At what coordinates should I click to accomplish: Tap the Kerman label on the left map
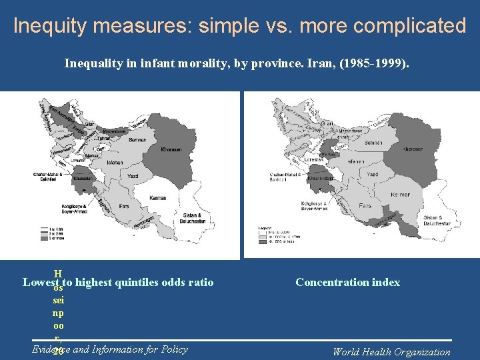(x=159, y=199)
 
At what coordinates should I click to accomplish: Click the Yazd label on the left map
(x=134, y=175)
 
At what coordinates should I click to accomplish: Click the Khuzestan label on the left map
(x=83, y=179)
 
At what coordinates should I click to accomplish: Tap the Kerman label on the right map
(x=400, y=194)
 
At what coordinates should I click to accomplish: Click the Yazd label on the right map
(x=372, y=174)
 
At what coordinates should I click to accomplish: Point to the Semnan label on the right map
(x=373, y=143)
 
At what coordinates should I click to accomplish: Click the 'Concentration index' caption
(x=347, y=283)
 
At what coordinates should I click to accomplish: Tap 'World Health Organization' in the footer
(x=391, y=352)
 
